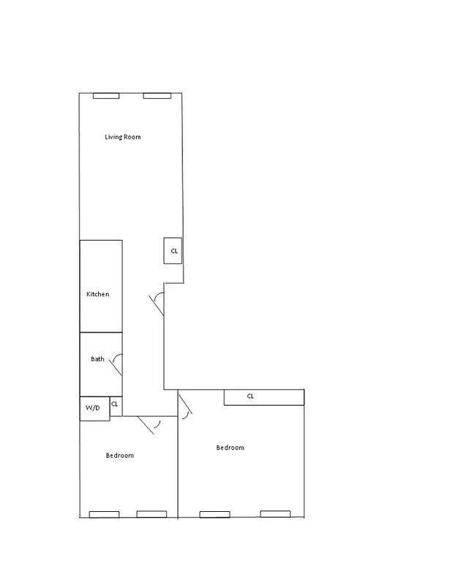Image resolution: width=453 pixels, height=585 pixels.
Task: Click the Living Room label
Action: click(122, 137)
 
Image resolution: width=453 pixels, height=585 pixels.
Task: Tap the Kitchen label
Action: click(97, 294)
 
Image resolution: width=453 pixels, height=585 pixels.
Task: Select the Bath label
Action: click(97, 359)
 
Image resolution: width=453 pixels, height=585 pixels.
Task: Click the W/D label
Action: click(92, 407)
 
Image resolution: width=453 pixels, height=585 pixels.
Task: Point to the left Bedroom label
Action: click(119, 456)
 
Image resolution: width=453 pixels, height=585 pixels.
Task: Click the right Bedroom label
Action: click(230, 448)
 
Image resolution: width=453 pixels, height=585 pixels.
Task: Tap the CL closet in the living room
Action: click(173, 251)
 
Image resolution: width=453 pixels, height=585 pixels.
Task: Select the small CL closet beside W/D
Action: click(115, 404)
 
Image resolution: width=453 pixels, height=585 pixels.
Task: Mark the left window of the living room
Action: click(106, 95)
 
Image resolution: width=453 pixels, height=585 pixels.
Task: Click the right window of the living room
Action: click(157, 95)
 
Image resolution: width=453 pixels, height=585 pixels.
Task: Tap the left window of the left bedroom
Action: click(104, 514)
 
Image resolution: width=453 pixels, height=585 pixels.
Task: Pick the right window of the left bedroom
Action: click(151, 514)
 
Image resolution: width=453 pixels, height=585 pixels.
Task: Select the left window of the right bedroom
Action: click(214, 514)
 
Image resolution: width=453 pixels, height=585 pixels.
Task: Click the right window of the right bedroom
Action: click(276, 514)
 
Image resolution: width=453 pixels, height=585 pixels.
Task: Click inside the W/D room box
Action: click(94, 408)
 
